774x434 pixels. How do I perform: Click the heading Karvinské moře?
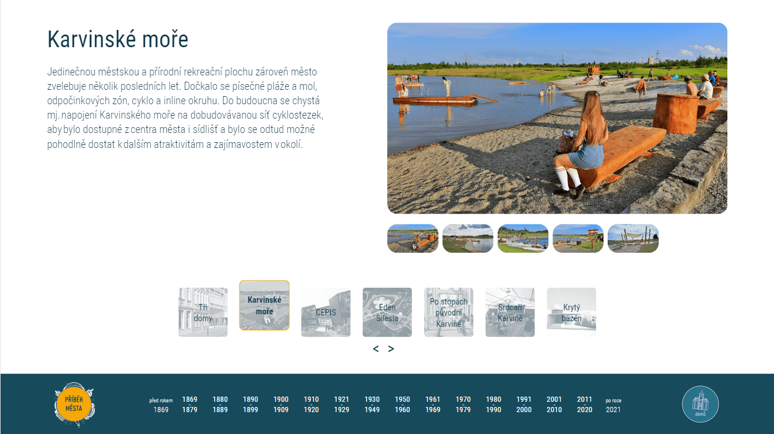118,39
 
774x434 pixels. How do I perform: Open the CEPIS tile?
326,312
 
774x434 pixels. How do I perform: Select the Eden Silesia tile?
387,312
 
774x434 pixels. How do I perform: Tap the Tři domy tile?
203,312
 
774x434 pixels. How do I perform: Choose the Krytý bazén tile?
571,312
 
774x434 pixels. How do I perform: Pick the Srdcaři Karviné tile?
510,312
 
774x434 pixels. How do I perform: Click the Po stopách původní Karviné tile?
448,312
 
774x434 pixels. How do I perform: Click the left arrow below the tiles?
376,349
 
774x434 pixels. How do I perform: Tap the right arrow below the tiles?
391,349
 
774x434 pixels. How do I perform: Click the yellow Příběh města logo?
74,404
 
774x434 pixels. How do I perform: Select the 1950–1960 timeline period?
402,404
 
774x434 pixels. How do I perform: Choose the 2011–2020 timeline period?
584,404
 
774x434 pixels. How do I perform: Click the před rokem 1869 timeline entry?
161,405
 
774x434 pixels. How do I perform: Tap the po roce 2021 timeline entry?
613,405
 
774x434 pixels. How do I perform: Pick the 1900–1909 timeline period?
281,404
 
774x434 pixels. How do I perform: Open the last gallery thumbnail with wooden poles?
633,238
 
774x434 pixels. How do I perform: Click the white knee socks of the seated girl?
568,178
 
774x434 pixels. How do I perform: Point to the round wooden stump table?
676,113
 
